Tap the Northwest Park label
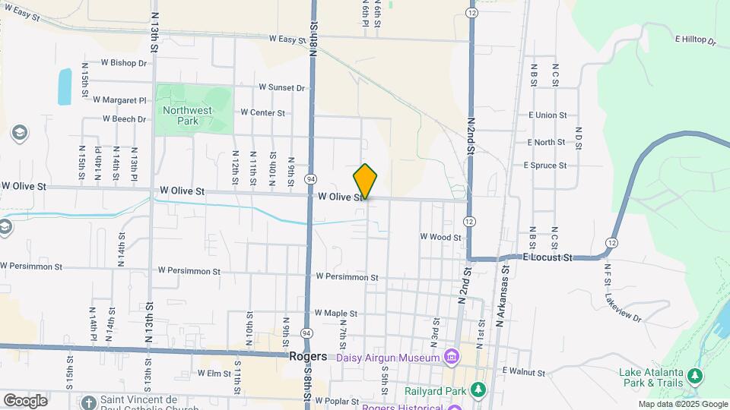(187, 115)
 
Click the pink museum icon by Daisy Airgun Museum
(451, 357)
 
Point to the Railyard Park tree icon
(478, 390)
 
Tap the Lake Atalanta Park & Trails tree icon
(693, 376)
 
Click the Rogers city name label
(308, 356)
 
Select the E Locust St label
(547, 257)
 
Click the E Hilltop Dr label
(695, 39)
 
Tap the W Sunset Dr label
(281, 88)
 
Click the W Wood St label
(441, 237)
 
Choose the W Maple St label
(335, 313)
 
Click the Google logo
(25, 400)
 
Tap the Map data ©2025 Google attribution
(682, 405)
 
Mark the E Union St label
(547, 115)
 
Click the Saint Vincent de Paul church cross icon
(90, 401)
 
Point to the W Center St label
(262, 112)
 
